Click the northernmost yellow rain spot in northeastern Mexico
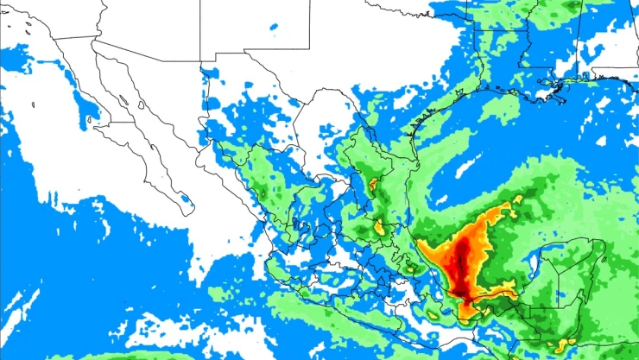click(373, 183)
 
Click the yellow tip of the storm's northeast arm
click(517, 200)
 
